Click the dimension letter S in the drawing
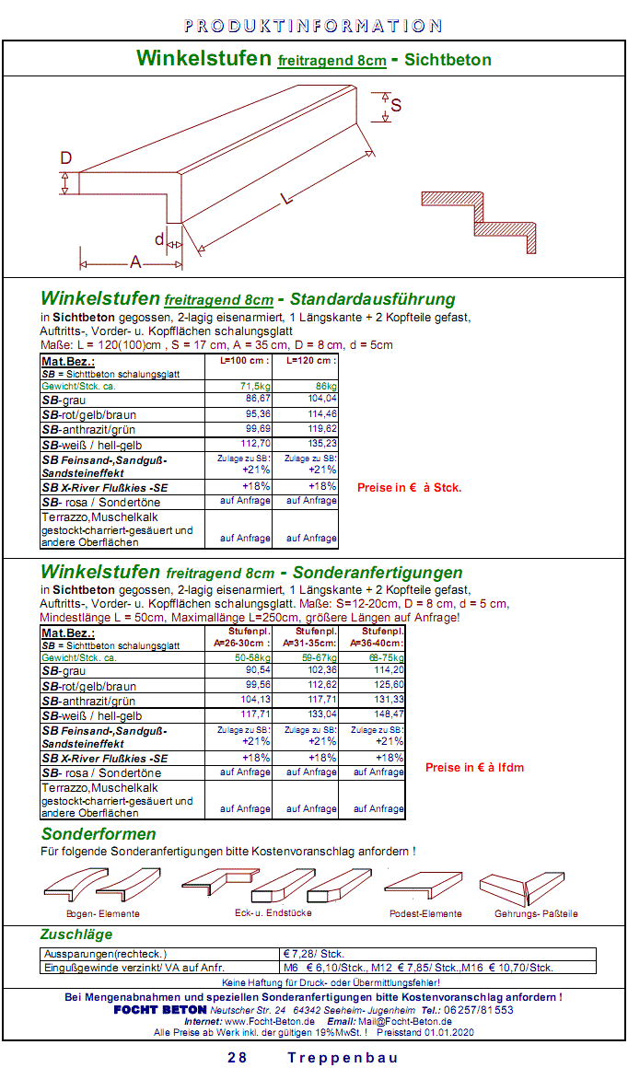[x=396, y=105]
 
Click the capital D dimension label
[x=66, y=158]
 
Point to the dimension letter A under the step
[x=135, y=262]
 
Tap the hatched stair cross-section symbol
[x=480, y=222]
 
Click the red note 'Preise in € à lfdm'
[x=474, y=767]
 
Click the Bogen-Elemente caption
[x=102, y=913]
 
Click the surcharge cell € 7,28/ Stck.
[x=312, y=954]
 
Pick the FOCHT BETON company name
[x=160, y=1009]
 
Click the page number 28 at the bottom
[x=237, y=1057]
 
